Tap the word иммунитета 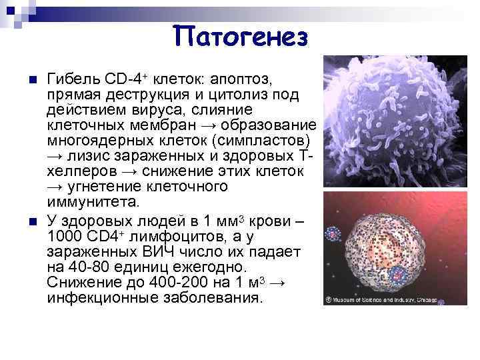(x=94, y=202)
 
